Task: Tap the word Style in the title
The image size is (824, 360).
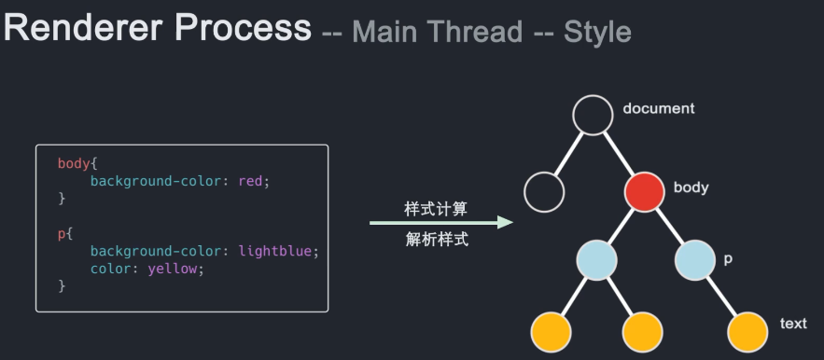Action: [x=597, y=33]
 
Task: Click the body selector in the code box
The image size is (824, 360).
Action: [x=72, y=163]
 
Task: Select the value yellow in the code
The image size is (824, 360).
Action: [x=174, y=269]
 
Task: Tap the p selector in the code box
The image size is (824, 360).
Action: [x=62, y=234]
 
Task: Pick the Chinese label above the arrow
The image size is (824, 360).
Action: [x=436, y=207]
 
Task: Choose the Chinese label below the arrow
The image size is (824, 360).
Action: [x=436, y=240]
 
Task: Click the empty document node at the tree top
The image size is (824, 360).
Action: [x=592, y=116]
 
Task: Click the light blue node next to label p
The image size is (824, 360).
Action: [x=694, y=260]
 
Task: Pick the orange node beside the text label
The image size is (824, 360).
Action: [x=747, y=331]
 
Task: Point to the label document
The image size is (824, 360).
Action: [x=659, y=108]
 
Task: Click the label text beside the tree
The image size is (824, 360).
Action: [x=793, y=324]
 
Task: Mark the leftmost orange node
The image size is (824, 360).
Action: [x=551, y=331]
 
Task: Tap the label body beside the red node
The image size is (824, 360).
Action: [x=691, y=187]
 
